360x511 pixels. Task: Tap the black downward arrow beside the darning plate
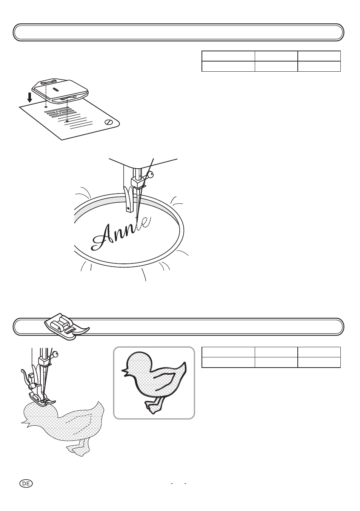29,98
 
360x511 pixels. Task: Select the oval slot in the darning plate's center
55,89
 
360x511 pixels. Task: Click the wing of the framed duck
165,381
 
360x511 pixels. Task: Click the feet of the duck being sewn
78,450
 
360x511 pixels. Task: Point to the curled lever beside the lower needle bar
26,377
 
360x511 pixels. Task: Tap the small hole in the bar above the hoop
128,208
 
